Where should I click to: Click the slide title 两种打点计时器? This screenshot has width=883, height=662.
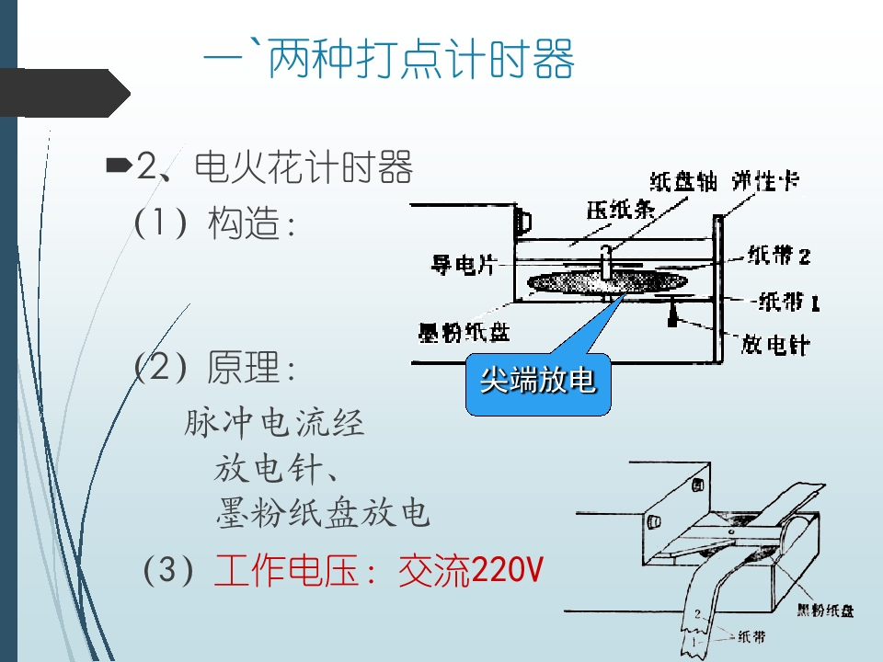click(422, 59)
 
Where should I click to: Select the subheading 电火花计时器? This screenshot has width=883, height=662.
click(304, 167)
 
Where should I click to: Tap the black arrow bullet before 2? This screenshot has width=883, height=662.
click(119, 165)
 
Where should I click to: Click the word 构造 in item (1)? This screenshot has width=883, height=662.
click(244, 223)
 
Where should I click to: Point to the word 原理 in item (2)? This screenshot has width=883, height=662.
click(243, 367)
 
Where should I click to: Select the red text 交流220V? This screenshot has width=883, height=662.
click(471, 570)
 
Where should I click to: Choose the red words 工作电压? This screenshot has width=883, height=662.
click(287, 570)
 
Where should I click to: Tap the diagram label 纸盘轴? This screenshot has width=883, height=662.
click(683, 182)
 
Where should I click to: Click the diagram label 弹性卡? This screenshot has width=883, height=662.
click(766, 181)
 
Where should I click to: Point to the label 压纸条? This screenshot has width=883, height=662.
click(621, 210)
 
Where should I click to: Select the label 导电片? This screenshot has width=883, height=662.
click(463, 264)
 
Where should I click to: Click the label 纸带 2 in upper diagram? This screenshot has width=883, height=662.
click(779, 256)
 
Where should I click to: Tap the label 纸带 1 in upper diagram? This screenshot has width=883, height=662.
click(788, 302)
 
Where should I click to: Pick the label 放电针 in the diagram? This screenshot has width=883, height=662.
click(776, 344)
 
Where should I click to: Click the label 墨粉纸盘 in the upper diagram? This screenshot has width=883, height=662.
click(464, 332)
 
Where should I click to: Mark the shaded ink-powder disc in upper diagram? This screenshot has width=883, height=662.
click(607, 282)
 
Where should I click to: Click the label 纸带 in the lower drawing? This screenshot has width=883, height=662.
click(751, 636)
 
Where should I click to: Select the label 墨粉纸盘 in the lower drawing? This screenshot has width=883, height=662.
click(826, 611)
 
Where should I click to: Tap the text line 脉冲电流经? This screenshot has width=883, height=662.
click(274, 423)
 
